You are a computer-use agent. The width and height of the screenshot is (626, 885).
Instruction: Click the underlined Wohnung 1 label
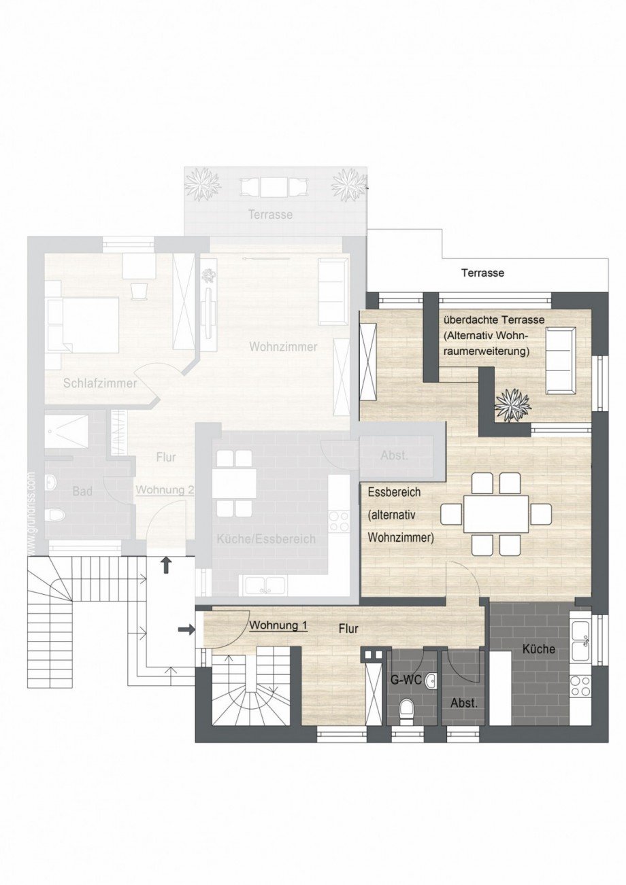[x=278, y=625]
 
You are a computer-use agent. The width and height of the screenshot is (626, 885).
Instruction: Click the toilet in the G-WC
[x=407, y=709]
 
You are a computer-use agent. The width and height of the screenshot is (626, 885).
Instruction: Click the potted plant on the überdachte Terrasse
[x=512, y=405]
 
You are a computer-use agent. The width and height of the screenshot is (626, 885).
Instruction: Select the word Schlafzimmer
[x=99, y=383]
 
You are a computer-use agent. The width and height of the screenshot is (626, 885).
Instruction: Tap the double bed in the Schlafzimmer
[x=82, y=324]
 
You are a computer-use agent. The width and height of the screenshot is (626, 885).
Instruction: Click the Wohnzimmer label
[x=283, y=347]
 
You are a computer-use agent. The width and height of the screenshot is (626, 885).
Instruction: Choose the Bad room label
[x=82, y=491]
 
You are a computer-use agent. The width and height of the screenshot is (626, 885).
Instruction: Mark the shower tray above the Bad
[x=67, y=431]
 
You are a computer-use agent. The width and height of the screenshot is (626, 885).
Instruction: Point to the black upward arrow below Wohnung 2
[x=165, y=565]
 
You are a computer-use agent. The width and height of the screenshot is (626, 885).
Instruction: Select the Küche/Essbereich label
[x=266, y=539]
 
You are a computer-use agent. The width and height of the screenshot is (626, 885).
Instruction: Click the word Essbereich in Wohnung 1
[x=394, y=491]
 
